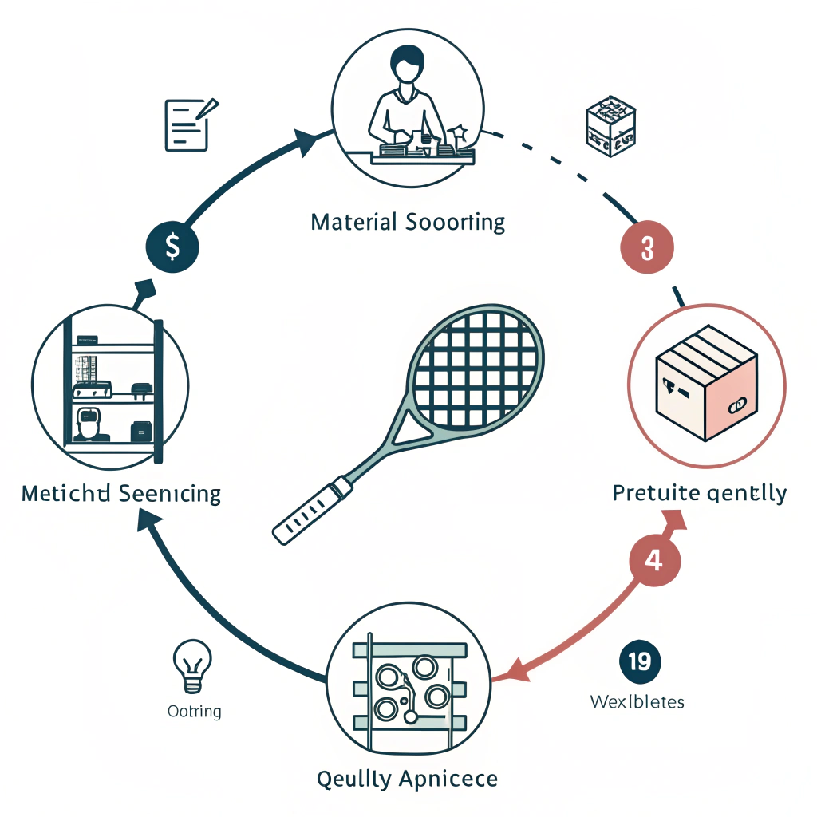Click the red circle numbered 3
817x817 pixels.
tap(646, 248)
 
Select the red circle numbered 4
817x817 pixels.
tap(653, 560)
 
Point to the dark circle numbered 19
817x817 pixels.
tap(639, 661)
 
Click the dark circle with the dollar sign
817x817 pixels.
tap(172, 247)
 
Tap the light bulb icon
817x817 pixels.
tap(193, 663)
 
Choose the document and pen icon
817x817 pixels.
tap(189, 124)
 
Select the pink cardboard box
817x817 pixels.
tap(706, 387)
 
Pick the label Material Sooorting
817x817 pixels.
tap(408, 221)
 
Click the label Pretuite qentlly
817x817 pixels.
tap(699, 492)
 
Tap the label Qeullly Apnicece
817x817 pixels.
tap(407, 778)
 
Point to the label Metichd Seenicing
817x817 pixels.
tap(121, 493)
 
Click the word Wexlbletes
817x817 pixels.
tap(637, 702)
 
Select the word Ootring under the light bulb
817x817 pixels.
tap(195, 710)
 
